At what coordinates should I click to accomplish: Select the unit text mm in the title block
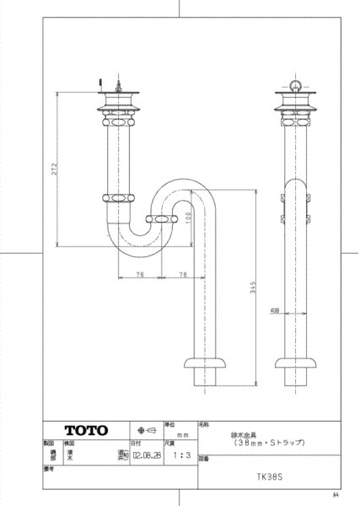(x=180, y=433)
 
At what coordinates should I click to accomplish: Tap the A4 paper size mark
(x=335, y=494)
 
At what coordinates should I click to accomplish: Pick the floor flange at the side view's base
(x=295, y=363)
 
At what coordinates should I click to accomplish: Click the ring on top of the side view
(x=295, y=84)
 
